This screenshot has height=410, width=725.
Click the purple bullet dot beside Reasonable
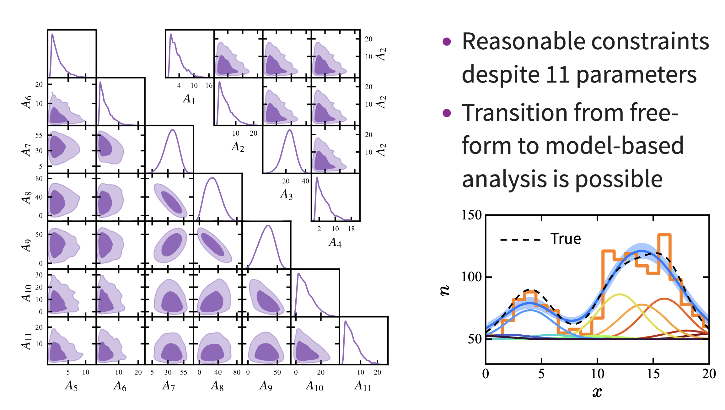447,41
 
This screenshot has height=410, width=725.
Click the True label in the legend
566,239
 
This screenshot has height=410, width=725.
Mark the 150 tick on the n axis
471,215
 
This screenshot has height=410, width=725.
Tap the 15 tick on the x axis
653,374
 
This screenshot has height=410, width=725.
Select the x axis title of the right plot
597,392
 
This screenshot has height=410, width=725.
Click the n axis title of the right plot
445,290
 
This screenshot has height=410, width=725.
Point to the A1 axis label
189,99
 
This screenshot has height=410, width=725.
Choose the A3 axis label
286,195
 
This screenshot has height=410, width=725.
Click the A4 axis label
335,242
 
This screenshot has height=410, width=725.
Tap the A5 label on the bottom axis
71,386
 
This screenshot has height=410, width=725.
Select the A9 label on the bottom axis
266,386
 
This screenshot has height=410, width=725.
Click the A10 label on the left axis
27,293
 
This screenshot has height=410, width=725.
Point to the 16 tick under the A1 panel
209,86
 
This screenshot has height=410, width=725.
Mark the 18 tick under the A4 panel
351,229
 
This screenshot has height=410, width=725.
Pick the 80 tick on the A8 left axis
39,179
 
